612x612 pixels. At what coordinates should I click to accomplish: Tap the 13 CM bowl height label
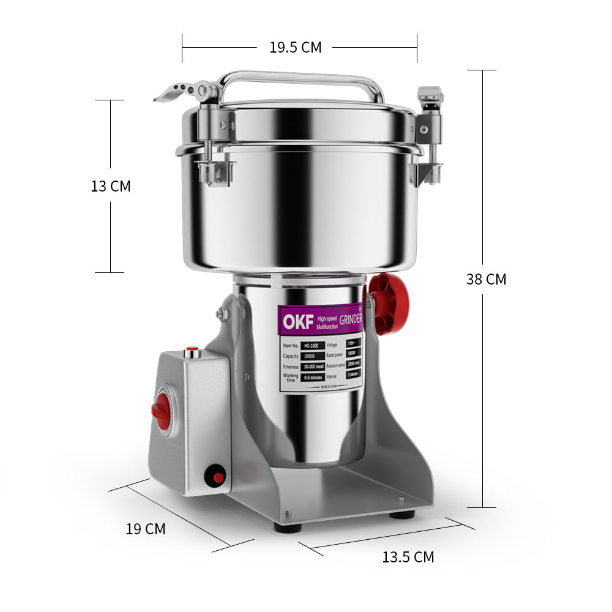(111, 186)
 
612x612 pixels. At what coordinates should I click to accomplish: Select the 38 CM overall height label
(486, 279)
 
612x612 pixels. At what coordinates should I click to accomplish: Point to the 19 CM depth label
(146, 529)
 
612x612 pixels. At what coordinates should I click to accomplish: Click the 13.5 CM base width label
(408, 557)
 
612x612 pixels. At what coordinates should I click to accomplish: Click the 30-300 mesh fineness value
(313, 366)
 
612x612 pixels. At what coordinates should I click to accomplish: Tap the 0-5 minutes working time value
(313, 377)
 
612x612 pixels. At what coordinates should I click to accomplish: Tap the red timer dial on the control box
(162, 411)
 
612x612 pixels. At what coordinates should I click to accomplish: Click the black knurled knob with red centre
(215, 476)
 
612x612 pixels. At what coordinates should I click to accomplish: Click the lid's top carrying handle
(300, 78)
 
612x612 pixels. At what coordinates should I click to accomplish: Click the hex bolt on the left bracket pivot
(222, 315)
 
